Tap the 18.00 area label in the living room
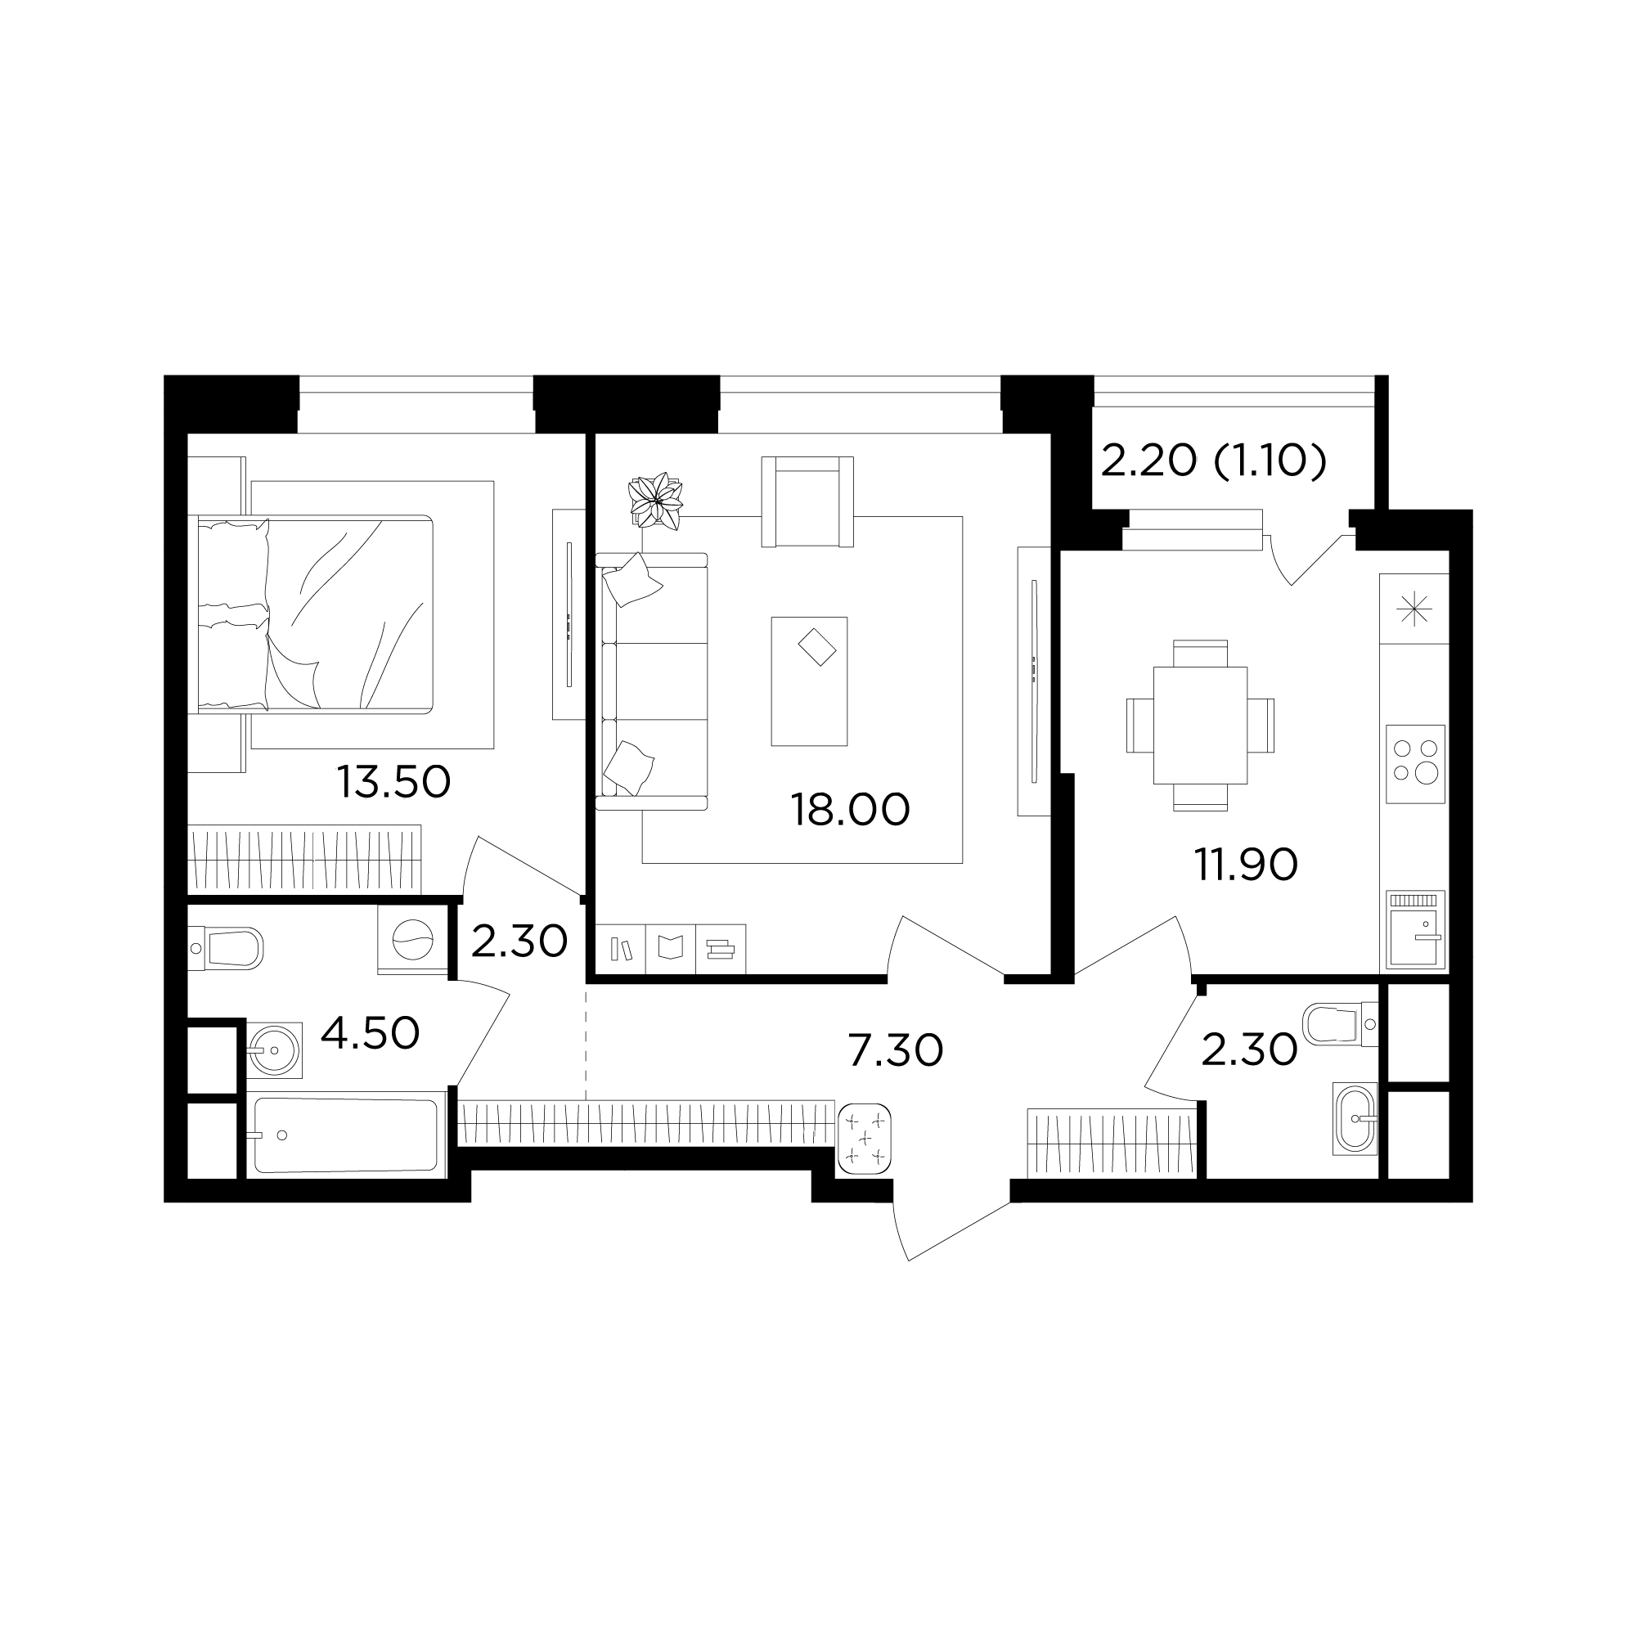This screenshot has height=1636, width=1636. tap(850, 810)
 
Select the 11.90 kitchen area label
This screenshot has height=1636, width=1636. tap(1246, 865)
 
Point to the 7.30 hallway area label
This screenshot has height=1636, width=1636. tap(895, 1051)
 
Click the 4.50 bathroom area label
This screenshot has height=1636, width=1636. tap(370, 1033)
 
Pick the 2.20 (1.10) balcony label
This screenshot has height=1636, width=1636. tap(1213, 461)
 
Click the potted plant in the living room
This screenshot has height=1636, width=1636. tap(655, 501)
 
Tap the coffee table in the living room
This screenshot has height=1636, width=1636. tap(809, 681)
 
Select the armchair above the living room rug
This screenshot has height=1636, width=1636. tap(807, 501)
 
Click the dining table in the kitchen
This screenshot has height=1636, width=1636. tap(1200, 725)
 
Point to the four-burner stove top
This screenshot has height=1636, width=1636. tap(1415, 764)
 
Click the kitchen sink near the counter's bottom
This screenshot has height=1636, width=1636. tap(1415, 930)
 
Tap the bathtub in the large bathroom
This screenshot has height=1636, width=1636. tap(346, 1135)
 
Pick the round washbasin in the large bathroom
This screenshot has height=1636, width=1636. tap(274, 1050)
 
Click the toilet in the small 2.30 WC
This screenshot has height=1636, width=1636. tap(1341, 1023)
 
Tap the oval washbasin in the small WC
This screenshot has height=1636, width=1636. tap(1355, 1117)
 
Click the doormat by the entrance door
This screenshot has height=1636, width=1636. tap(864, 1139)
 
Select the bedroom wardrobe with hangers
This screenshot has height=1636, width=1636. tap(304, 859)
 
